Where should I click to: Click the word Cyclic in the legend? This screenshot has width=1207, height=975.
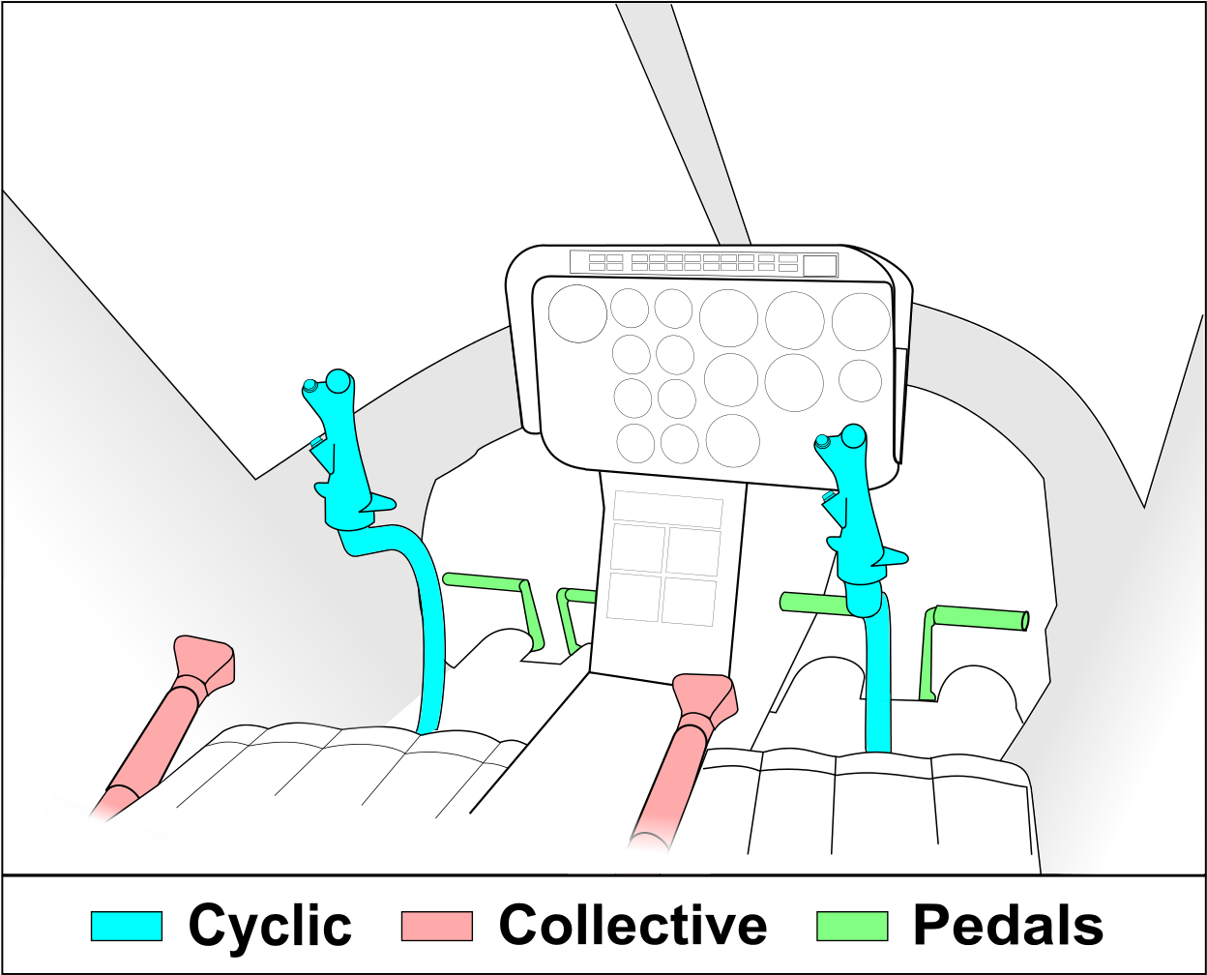(270, 926)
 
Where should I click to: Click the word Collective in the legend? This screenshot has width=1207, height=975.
(633, 926)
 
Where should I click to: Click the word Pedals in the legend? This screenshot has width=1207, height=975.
(1008, 926)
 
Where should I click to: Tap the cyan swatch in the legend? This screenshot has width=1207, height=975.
(127, 926)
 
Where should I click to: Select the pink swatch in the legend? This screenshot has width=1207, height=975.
(436, 926)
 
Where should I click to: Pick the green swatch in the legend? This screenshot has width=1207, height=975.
(852, 926)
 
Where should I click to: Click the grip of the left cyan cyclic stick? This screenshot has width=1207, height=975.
(340, 455)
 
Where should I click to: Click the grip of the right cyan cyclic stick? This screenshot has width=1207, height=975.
(855, 508)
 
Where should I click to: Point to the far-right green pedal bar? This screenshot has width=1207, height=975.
(979, 616)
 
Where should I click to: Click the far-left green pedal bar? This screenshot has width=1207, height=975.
(484, 581)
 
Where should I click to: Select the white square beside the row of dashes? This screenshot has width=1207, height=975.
(819, 265)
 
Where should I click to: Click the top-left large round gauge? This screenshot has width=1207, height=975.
(577, 313)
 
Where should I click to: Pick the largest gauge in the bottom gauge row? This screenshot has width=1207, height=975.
(732, 440)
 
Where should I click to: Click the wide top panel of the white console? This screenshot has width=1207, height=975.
(668, 510)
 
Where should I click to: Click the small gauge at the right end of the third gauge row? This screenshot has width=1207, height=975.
(860, 380)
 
